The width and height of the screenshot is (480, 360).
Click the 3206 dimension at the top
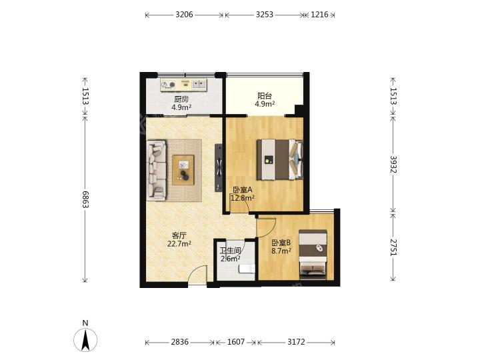184,15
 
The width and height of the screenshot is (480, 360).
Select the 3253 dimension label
265,15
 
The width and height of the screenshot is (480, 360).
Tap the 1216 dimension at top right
319,15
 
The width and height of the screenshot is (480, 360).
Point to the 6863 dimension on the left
85,199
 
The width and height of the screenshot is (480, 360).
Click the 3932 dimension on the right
394,165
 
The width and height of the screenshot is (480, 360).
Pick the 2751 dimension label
394,247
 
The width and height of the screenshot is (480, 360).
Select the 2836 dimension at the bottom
180,341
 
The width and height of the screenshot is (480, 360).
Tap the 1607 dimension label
236,341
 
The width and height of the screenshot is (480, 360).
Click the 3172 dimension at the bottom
296,341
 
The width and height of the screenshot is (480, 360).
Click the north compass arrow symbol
85,339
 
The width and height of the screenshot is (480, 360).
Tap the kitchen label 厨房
181,99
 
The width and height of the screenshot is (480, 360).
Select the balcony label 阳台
265,96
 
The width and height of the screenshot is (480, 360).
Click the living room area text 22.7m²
179,244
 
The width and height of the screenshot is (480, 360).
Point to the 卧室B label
281,243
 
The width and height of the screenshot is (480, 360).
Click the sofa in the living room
156,170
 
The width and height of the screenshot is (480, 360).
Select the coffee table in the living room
183,170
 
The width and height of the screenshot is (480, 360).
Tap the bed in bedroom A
280,159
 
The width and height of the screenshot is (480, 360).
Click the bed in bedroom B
313,254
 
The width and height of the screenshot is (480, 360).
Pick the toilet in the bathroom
247,269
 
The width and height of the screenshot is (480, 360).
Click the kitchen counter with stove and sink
184,85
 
